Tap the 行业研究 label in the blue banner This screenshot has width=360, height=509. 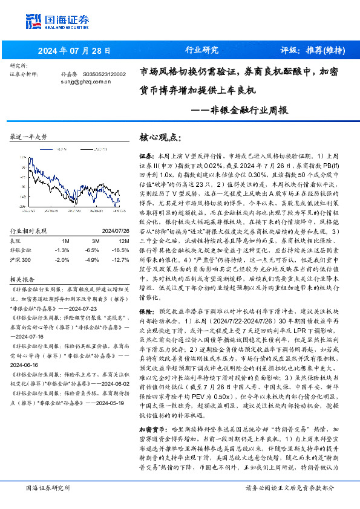tap(201, 50)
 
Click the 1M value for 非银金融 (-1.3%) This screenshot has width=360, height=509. tap(62, 249)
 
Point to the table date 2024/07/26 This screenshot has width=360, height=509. tap(110, 230)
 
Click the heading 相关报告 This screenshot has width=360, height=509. tap(23, 280)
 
